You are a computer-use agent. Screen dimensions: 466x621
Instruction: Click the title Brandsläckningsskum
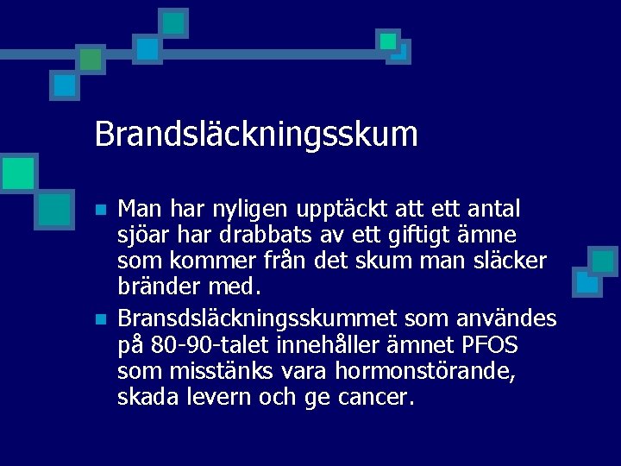(256, 135)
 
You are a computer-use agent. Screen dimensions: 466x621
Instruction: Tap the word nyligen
(254, 210)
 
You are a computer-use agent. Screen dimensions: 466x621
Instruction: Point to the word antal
(492, 210)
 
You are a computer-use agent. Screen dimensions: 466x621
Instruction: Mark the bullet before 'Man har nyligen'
(101, 211)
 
